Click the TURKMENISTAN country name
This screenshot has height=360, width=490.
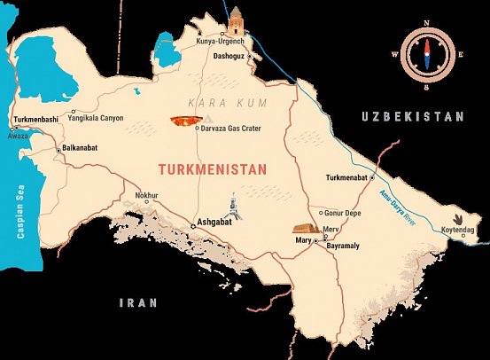pyautogui.click(x=212, y=168)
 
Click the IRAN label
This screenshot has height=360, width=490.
pyautogui.click(x=138, y=302)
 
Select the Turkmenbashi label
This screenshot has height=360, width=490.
pyautogui.click(x=37, y=119)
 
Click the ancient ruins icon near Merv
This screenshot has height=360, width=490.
pyautogui.click(x=306, y=228)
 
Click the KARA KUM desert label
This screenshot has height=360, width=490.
pyautogui.click(x=208, y=105)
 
